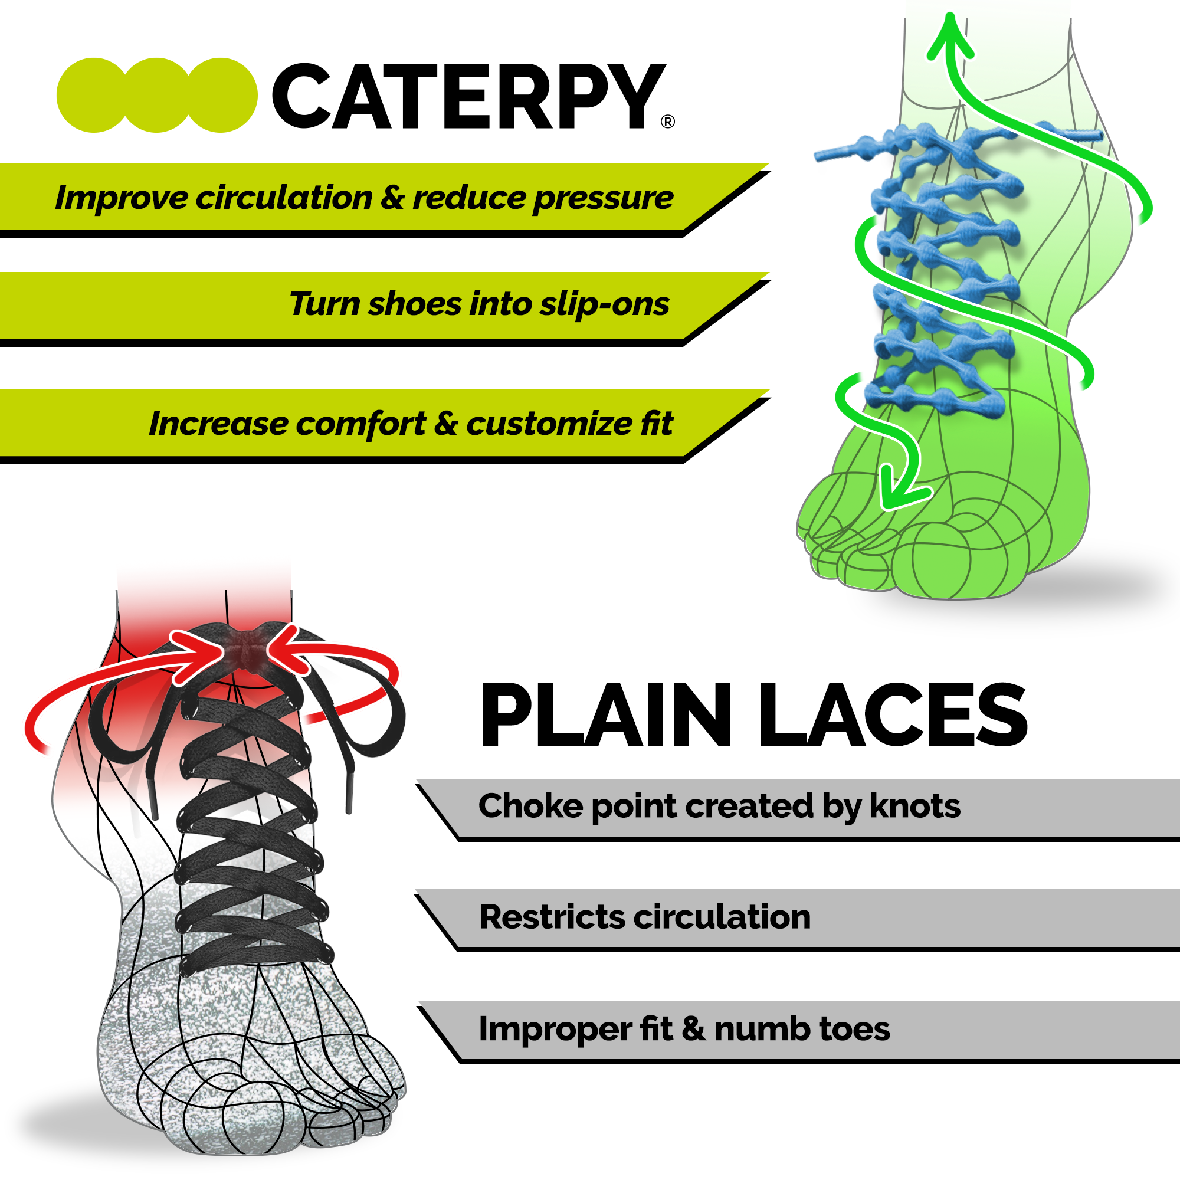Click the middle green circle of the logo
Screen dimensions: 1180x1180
[x=157, y=95]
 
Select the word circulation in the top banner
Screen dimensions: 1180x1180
[x=283, y=198]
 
